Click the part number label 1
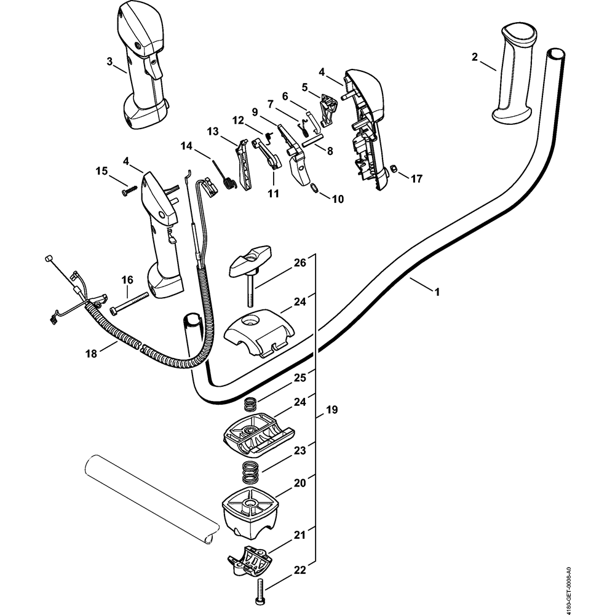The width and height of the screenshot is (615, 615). tap(437, 292)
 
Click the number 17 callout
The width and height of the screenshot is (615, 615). tap(416, 180)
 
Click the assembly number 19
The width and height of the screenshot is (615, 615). tap(332, 409)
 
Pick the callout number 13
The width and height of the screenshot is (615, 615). tap(213, 132)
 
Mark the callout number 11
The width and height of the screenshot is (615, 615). tap(273, 192)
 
